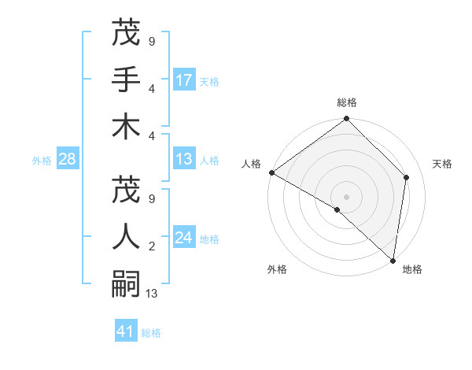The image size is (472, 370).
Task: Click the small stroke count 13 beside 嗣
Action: [152, 294]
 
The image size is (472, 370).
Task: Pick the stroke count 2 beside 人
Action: [151, 246]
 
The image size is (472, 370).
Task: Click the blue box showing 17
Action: [184, 80]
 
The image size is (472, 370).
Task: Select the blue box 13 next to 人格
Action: [184, 160]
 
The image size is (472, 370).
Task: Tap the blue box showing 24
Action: [184, 238]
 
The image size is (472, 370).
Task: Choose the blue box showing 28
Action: [67, 160]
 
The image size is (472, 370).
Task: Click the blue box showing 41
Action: [126, 331]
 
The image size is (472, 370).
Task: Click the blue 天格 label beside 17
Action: [208, 82]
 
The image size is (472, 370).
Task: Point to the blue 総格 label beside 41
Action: [151, 333]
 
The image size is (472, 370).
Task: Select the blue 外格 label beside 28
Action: [42, 161]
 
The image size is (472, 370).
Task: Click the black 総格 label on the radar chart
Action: [347, 102]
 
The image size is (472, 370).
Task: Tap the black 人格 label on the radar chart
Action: [252, 164]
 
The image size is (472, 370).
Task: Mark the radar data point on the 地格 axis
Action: [393, 260]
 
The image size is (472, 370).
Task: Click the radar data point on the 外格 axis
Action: [337, 209]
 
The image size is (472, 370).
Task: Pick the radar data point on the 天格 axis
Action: [407, 177]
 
